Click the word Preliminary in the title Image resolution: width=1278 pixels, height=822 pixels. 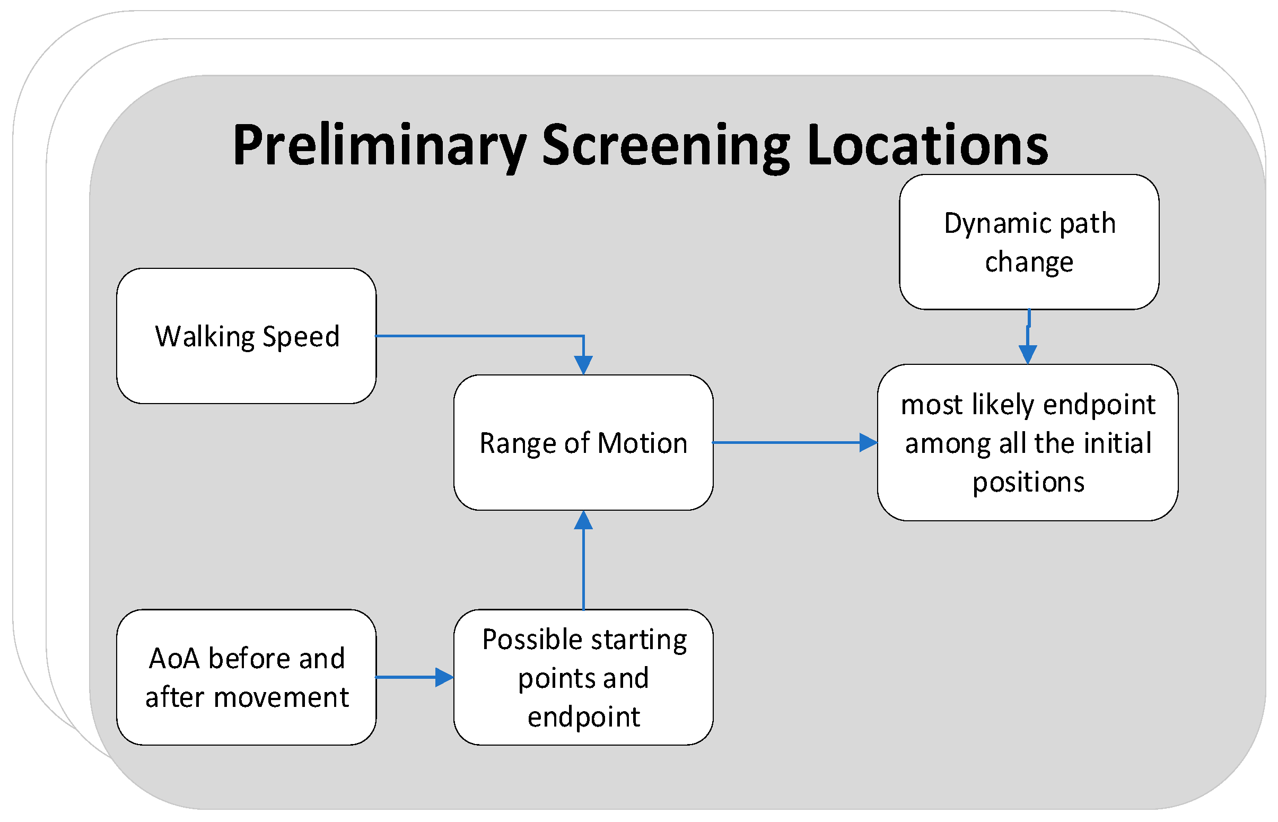coord(379,145)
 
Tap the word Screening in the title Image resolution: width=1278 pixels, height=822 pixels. coord(665,145)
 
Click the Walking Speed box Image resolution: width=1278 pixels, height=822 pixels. coord(246,336)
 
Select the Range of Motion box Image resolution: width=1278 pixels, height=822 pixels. coord(583,442)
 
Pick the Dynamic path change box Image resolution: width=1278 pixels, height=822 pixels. coord(1028,242)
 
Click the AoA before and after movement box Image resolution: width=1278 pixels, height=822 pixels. coord(246,677)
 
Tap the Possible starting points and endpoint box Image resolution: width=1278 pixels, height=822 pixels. coord(583,677)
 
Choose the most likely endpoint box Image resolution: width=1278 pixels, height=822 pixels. coord(1027,442)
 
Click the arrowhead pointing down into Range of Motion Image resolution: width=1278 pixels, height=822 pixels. coord(583,365)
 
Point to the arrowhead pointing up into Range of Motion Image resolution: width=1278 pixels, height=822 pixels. coord(583,520)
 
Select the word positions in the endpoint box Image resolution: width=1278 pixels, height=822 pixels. coord(1028,482)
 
